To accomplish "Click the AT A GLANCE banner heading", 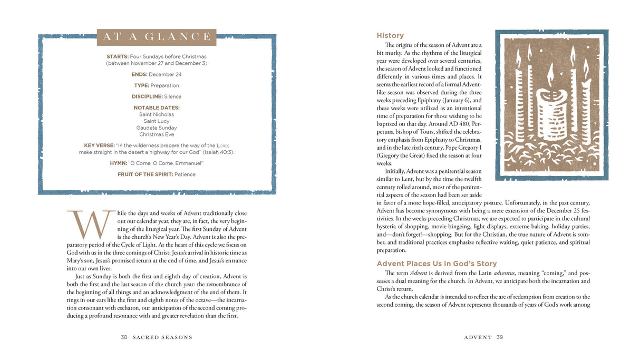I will pyautogui.click(x=157, y=37).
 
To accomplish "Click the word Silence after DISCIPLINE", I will pyautogui.click(x=172, y=96).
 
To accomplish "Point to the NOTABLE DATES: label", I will pyautogui.click(x=157, y=108).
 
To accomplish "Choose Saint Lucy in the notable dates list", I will pyautogui.click(x=157, y=121).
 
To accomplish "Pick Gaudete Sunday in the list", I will pyautogui.click(x=157, y=128).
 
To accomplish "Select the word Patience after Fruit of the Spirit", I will pyautogui.click(x=185, y=174).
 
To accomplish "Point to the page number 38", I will pyautogui.click(x=124, y=337).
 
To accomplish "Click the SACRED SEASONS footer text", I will pyautogui.click(x=162, y=337).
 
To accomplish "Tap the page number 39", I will pyautogui.click(x=499, y=337).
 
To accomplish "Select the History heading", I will pyautogui.click(x=390, y=35).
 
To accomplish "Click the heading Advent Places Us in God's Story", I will pyautogui.click(x=437, y=264).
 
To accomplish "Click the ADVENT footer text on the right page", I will pyautogui.click(x=478, y=337).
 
